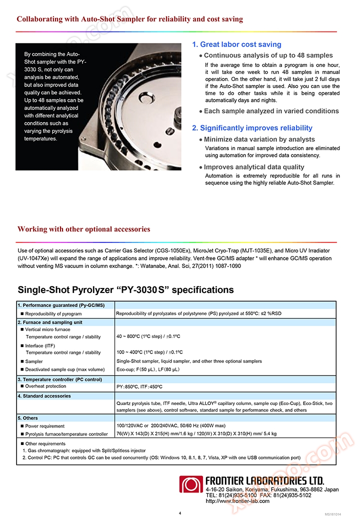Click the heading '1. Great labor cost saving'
click(236, 44)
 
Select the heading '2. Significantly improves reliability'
click(252, 128)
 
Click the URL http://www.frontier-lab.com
click(237, 501)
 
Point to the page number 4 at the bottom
click(180, 513)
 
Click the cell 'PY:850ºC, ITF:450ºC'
click(139, 387)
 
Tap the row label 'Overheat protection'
click(45, 386)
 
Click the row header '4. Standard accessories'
click(44, 396)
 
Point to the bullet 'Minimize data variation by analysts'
click(259, 139)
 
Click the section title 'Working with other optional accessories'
click(83, 229)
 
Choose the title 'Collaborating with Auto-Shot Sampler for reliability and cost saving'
click(130, 19)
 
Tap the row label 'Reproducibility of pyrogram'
click(53, 313)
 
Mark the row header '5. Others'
click(28, 418)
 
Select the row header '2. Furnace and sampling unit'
click(50, 322)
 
